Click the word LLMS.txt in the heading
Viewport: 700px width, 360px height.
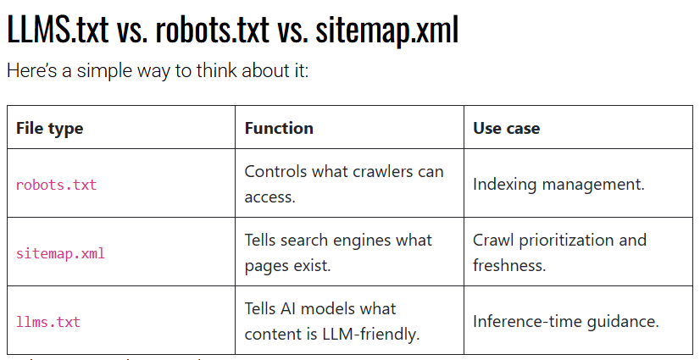(58, 30)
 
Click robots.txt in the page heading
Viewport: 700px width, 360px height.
(212, 30)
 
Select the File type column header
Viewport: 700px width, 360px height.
(49, 129)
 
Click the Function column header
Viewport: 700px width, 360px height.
(279, 128)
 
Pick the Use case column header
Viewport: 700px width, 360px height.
(506, 128)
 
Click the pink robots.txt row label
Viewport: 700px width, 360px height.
(56, 185)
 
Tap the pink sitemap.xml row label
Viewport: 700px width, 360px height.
(60, 253)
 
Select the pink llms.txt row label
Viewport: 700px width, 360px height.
(48, 321)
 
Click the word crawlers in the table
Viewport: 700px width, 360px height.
(379, 171)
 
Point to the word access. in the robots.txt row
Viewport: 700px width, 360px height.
(270, 197)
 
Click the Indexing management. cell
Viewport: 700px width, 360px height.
(559, 185)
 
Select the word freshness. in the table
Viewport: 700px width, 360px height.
(509, 265)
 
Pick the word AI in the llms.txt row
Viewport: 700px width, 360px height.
(290, 308)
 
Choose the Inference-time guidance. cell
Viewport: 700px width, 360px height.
(566, 321)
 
